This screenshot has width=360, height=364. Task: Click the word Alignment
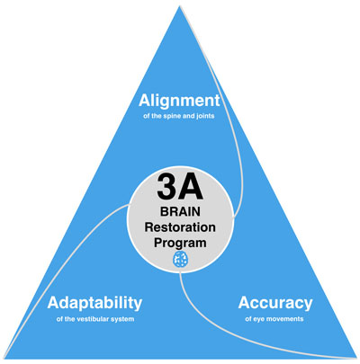click(179, 102)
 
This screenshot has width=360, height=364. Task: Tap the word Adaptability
click(94, 304)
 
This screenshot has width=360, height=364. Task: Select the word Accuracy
click(275, 304)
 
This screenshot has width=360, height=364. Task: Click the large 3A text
click(180, 187)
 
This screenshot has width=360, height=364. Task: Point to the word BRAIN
click(180, 211)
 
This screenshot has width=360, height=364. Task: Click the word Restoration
click(180, 226)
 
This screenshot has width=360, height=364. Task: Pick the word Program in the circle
click(180, 243)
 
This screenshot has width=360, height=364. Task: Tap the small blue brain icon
click(181, 260)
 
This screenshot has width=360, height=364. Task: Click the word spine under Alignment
click(172, 116)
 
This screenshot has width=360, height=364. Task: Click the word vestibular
click(94, 319)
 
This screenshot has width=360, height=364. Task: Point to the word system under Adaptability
click(123, 319)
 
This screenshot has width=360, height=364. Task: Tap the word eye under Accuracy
click(257, 319)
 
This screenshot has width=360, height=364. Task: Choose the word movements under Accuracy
click(284, 319)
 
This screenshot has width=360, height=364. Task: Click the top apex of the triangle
click(180, 6)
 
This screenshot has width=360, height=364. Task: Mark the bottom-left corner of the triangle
click(4, 358)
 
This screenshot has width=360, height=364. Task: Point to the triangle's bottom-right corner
click(356, 358)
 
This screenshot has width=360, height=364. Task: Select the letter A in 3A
click(192, 187)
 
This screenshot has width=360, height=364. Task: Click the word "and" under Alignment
click(188, 116)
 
